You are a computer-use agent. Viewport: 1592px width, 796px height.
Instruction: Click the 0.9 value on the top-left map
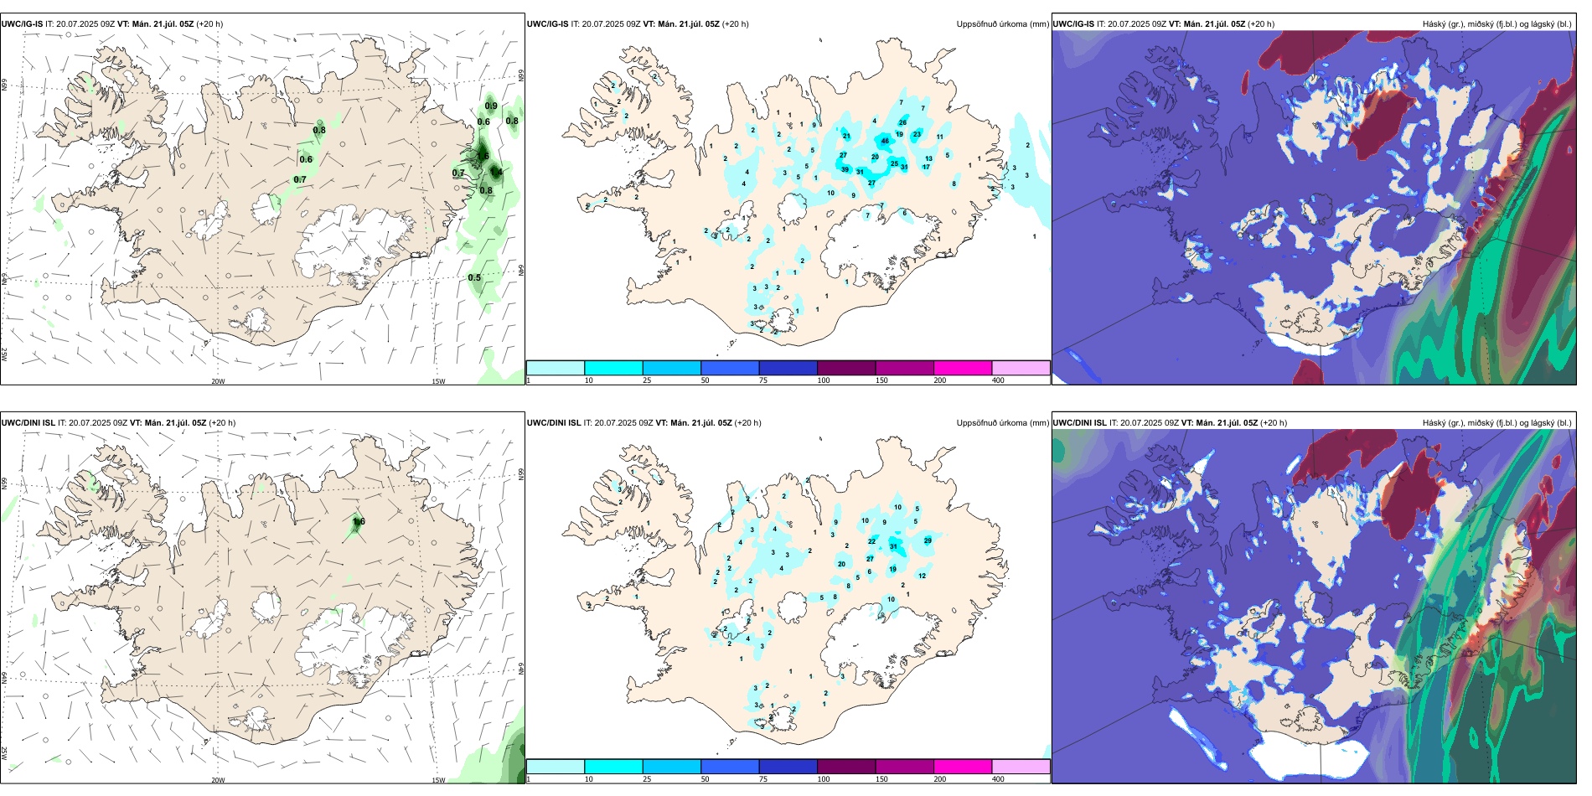coord(491,106)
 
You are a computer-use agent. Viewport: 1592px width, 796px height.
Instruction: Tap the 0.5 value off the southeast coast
coord(474,277)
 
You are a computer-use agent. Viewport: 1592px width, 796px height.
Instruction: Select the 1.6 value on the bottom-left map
coord(359,521)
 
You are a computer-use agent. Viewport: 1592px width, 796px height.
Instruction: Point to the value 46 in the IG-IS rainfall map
coord(885,141)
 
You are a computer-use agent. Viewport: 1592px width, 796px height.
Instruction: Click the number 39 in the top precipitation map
coord(845,169)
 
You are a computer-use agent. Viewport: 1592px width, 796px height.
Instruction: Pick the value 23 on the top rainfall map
coord(917,134)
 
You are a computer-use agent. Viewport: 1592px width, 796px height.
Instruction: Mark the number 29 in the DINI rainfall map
coord(928,540)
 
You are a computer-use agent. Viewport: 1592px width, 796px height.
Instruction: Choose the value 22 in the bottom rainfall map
coord(871,541)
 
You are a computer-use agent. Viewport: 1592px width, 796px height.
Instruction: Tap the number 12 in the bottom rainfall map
coord(922,576)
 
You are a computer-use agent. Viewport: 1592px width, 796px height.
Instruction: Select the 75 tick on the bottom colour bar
coord(763,779)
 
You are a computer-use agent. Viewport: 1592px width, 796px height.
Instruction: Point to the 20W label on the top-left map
coord(218,381)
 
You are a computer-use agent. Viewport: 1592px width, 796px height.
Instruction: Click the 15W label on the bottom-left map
coord(438,780)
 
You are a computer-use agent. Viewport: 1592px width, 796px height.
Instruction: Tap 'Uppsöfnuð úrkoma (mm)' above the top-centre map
coord(1002,24)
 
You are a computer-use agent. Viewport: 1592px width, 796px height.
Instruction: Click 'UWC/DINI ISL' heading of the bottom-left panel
coord(28,423)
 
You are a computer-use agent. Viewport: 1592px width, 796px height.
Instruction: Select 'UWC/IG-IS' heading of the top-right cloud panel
coord(1073,24)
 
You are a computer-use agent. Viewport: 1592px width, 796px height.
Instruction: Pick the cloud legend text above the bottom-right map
coord(1496,423)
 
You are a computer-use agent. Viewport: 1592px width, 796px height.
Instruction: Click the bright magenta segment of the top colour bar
coord(963,368)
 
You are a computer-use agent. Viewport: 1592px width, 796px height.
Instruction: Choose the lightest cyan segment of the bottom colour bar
coord(555,767)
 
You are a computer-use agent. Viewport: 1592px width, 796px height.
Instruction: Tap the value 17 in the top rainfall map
coord(926,167)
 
